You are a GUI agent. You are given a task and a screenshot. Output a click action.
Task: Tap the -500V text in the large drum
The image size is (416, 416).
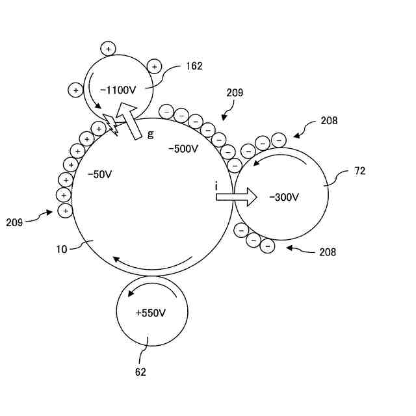tap(183, 149)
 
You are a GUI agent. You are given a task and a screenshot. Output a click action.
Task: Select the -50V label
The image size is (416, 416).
tap(100, 174)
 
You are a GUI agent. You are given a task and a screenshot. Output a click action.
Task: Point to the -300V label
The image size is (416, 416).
tap(284, 197)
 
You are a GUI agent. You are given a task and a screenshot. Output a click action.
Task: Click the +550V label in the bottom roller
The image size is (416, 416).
tap(151, 313)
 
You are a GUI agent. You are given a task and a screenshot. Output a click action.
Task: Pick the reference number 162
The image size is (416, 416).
tap(194, 66)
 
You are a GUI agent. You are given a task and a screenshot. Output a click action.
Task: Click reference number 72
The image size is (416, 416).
tap(360, 171)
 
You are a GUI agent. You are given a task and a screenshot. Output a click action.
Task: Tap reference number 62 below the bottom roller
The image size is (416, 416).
tap(140, 372)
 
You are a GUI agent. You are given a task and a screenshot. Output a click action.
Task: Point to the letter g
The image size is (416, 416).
tap(151, 133)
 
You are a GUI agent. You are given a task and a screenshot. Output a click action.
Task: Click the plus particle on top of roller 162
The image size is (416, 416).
tap(108, 48)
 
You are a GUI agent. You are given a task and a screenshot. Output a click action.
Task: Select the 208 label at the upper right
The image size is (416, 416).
tap(329, 120)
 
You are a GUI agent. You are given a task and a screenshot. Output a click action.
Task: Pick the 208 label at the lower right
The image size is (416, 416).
tap(328, 252)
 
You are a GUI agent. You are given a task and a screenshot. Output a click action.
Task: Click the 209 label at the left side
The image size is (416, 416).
tap(14, 222)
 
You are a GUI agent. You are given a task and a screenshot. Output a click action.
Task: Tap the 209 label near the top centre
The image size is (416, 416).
tap(235, 93)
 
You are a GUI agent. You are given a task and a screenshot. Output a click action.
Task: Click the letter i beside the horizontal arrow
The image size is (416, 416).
tap(216, 187)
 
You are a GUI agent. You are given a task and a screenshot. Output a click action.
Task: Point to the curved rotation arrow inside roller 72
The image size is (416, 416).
tap(279, 156)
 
